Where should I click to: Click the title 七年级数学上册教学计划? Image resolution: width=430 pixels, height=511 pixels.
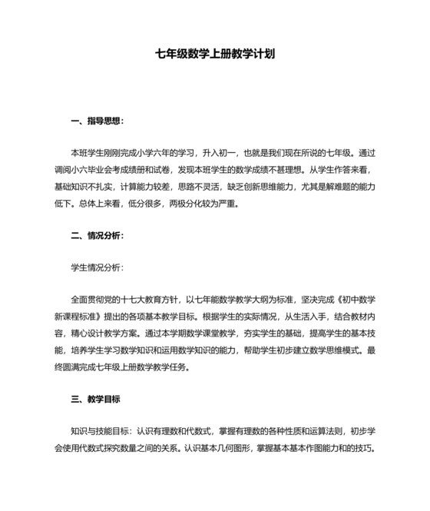click(x=215, y=55)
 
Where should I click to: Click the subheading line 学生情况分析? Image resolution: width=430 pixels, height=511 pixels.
click(x=95, y=267)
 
